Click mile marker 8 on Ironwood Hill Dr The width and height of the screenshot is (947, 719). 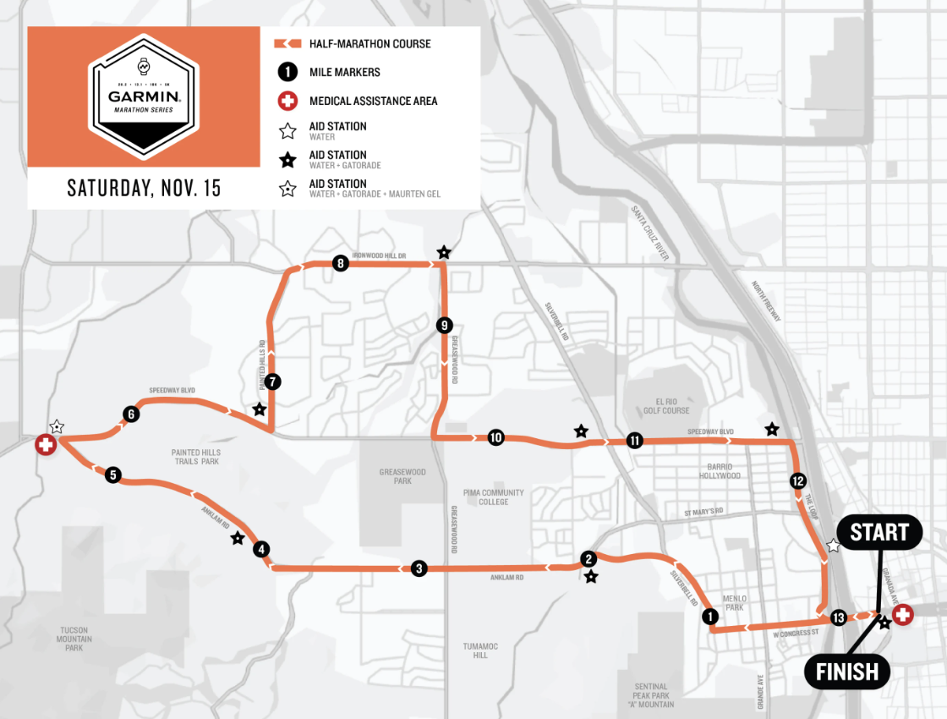click(340, 263)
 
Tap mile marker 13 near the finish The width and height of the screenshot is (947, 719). click(839, 617)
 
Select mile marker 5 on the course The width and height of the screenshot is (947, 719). click(113, 475)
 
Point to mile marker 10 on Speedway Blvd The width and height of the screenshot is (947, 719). click(495, 437)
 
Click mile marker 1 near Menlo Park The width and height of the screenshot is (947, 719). click(710, 617)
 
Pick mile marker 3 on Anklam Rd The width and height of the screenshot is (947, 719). click(419, 568)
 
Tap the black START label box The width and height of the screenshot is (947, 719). click(879, 533)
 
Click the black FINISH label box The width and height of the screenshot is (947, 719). click(847, 672)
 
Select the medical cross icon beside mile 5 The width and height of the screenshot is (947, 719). click(46, 444)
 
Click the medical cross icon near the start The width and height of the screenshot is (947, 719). click(903, 615)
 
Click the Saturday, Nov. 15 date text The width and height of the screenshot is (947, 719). click(144, 188)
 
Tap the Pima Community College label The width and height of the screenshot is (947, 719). click(494, 497)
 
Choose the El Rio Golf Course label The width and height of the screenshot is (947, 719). click(665, 405)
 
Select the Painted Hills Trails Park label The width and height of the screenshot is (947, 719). click(194, 458)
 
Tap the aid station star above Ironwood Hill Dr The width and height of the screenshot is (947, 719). click(444, 252)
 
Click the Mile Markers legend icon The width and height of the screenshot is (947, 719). click(287, 73)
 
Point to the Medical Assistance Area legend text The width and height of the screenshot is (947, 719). click(373, 101)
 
